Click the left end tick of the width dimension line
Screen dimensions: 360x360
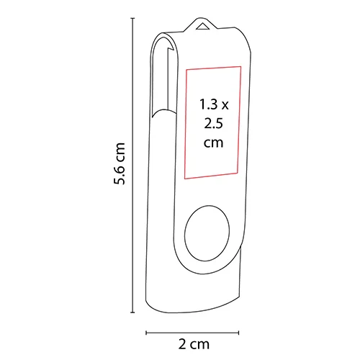[147, 333]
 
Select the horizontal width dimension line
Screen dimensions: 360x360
[193, 333]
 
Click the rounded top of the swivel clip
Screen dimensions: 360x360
[163, 40]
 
